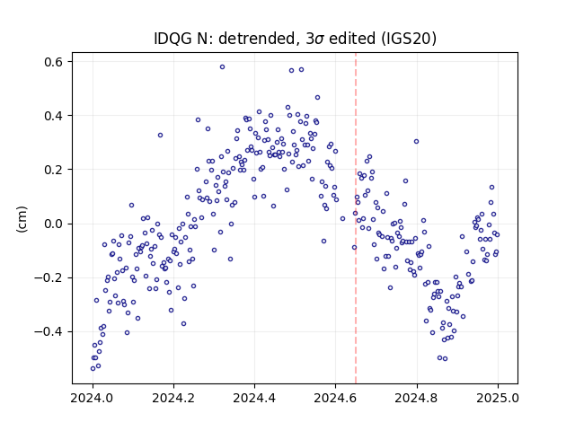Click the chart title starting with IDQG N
[295, 38]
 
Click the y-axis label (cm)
[22, 219]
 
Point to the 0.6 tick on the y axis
[54, 62]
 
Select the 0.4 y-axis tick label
[54, 116]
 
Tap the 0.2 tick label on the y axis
[54, 170]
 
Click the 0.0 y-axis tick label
[54, 224]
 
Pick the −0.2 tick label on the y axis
[49, 277]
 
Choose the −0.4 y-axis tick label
[49, 331]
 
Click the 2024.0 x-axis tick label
[92, 398]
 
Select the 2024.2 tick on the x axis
[173, 398]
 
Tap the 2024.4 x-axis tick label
[254, 398]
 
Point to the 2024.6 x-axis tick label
[335, 398]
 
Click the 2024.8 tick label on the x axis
[416, 398]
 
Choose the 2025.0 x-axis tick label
[498, 398]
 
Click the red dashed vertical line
[356, 218]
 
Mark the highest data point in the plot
[222, 67]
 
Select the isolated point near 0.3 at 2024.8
[416, 142]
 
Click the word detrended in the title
[257, 38]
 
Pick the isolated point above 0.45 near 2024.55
[317, 98]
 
